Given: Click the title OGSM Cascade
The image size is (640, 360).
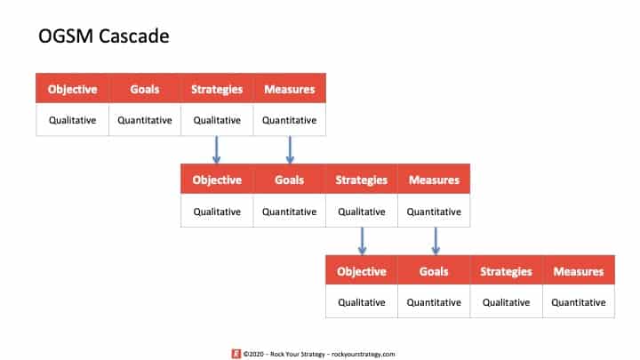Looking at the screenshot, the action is coord(104,36).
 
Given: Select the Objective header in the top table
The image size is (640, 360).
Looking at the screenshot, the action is coord(72,90).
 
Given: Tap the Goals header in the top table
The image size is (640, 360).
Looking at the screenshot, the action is coord(145,89).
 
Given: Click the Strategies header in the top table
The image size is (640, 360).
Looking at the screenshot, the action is coord(217,90).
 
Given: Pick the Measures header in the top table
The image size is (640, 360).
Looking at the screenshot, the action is coord(290,89).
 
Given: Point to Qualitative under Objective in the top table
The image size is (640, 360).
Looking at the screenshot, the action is coord(72,120).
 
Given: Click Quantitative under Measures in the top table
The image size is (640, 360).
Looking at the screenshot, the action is coord(290,120).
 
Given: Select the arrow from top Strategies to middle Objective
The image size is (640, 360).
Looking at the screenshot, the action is coord(217,150).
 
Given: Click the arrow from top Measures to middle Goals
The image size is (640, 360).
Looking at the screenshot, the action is coord(290,150).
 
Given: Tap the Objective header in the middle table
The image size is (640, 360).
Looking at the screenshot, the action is coord(217,180).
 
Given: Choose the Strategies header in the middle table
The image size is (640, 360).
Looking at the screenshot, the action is coord(361,180).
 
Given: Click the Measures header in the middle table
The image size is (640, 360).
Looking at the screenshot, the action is coord(434,180).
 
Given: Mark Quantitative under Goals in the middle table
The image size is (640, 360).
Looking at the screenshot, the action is coord(290,212).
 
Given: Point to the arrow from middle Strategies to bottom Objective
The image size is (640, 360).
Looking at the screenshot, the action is coord(362,241).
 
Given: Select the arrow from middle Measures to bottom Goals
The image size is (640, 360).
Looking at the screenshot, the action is coord(436,241).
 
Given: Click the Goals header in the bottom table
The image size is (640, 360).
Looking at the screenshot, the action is coord(434,271).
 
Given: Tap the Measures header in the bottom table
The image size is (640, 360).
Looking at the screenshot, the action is coord(579,271).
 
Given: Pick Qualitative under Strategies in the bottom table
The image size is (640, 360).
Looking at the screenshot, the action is coord(506,302).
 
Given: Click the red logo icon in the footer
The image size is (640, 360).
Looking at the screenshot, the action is coord(236,354).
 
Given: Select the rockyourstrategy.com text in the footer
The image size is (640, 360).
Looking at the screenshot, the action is coord(364,354).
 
